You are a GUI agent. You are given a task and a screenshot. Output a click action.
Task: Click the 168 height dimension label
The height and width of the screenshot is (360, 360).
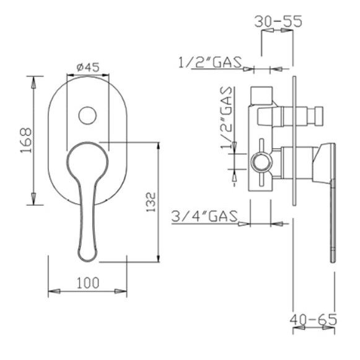click(x=26, y=140)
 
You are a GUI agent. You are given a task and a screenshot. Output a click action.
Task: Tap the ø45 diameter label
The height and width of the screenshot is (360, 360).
click(x=88, y=68)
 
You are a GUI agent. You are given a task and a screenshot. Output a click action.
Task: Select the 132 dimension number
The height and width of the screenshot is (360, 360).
click(x=151, y=202)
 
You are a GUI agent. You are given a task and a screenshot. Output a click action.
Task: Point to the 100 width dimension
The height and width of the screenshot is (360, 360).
click(x=88, y=283)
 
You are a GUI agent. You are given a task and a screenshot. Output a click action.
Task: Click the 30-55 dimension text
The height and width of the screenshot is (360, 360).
click(x=278, y=21)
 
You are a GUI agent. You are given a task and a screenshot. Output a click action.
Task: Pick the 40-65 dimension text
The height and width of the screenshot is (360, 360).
click(x=313, y=320)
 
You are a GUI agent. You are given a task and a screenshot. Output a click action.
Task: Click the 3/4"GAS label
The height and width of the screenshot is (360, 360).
click(x=204, y=216)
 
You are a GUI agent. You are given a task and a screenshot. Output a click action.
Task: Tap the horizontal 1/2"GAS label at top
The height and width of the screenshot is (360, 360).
click(x=210, y=62)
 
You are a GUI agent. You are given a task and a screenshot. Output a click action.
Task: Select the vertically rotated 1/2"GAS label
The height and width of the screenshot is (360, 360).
click(x=226, y=118)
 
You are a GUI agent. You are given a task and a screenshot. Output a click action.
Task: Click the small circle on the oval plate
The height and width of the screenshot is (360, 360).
click(x=87, y=115)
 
